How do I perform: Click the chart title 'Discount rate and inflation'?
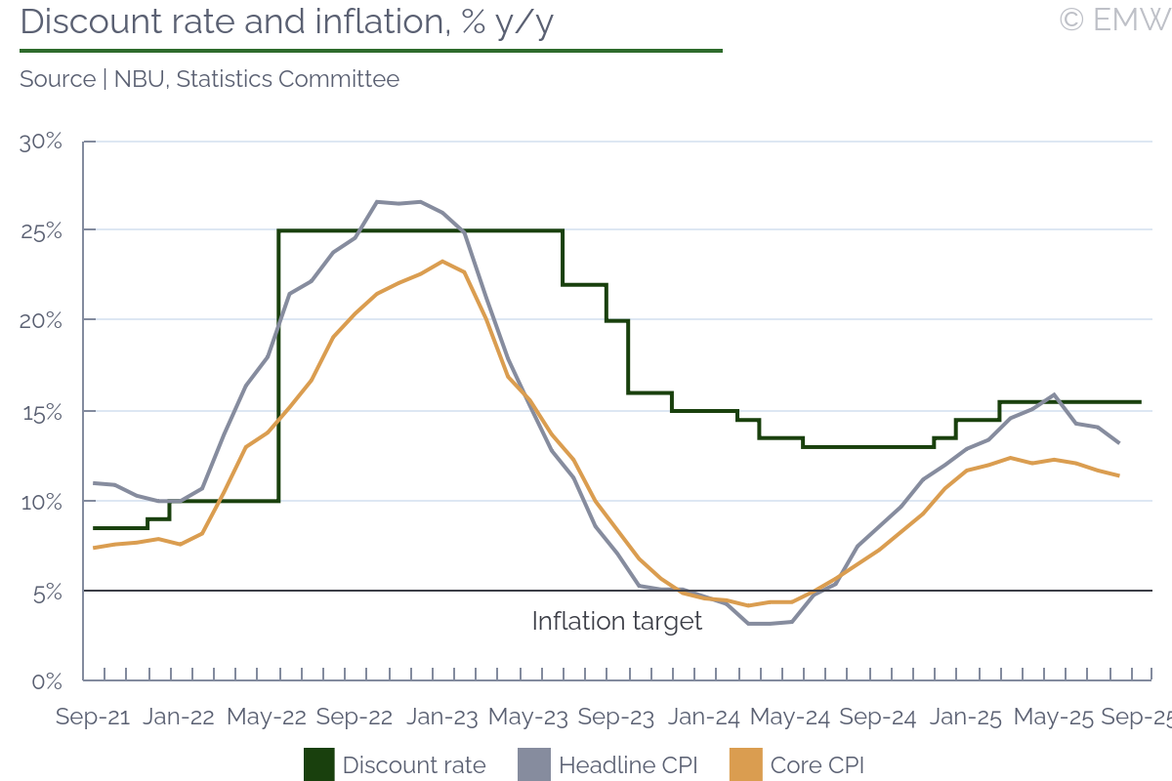pos(286,22)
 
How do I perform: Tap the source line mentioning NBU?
pos(209,79)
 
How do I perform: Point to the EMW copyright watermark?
pos(1113,20)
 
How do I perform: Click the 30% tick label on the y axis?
pos(41,142)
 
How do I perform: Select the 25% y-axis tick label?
pos(41,231)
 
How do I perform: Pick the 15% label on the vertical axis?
pos(41,411)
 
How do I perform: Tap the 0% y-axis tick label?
pos(47,680)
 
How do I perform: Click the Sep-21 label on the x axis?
pos(93,717)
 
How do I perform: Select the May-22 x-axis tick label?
pos(267,717)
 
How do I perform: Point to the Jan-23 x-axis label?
pos(441,717)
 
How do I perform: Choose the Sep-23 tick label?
pos(615,717)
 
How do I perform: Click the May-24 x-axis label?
pos(790,717)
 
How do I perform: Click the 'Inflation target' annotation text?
pos(616,622)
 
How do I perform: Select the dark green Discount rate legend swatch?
pos(318,764)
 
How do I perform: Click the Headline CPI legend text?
pos(628,764)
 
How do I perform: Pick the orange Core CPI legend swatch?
pos(745,764)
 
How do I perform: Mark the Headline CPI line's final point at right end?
pos(1119,443)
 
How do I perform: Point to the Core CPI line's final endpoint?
pos(1119,475)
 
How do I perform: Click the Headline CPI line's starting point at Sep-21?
pos(94,483)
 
